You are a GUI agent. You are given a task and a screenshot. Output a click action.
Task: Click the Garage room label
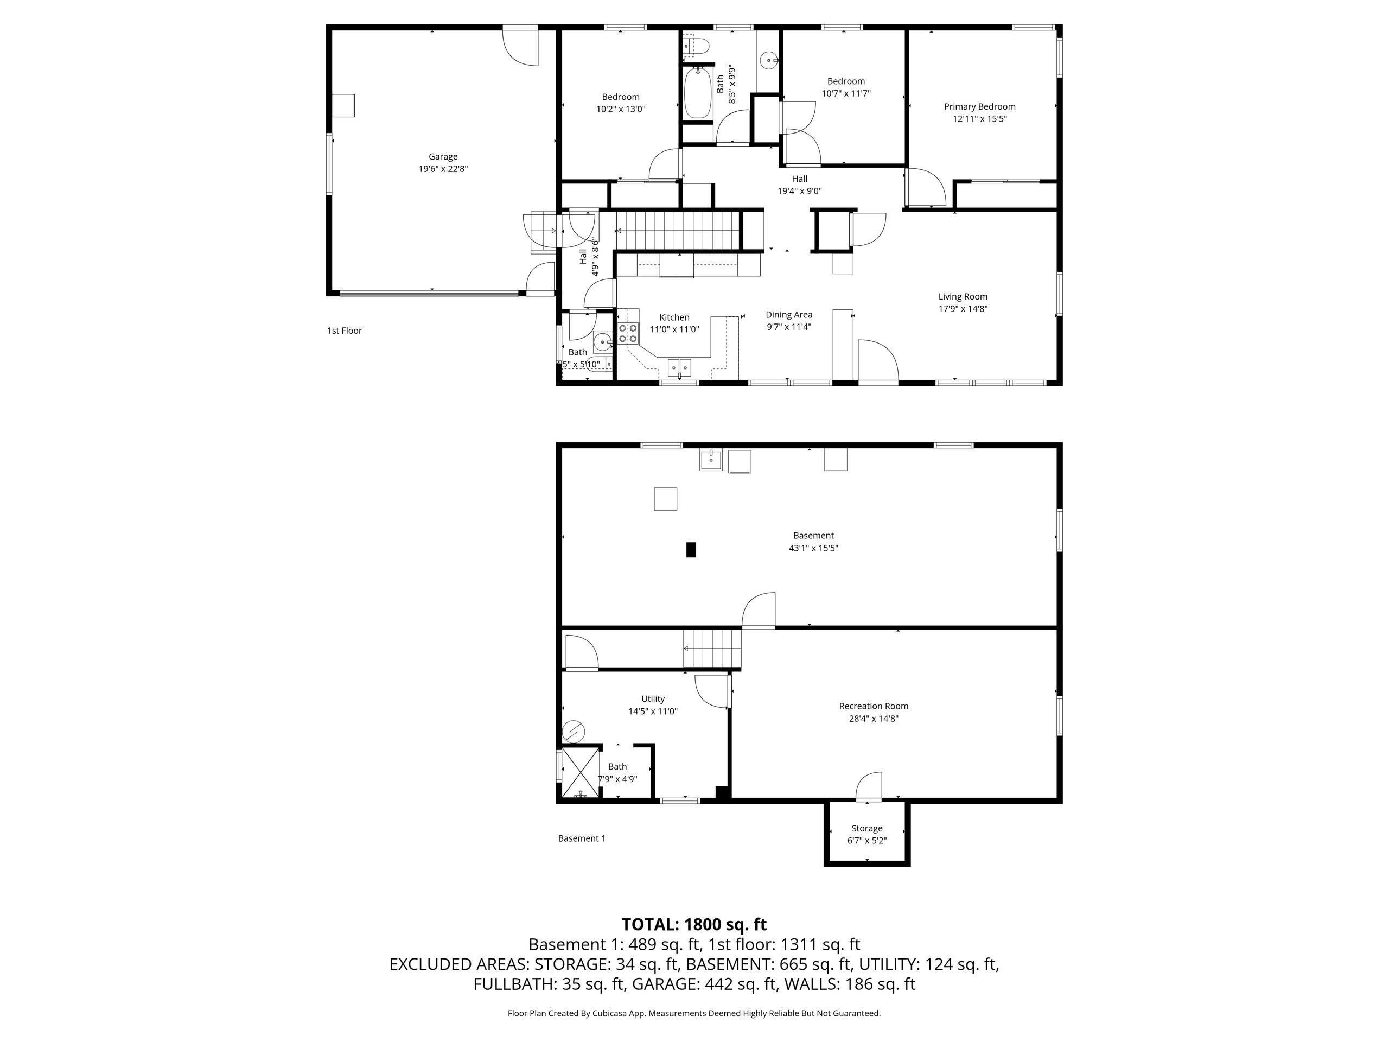pyautogui.click(x=443, y=157)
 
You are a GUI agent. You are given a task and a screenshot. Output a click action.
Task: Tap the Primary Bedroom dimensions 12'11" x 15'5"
pyautogui.click(x=979, y=119)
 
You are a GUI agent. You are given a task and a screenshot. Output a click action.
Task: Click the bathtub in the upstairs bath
pyautogui.click(x=696, y=94)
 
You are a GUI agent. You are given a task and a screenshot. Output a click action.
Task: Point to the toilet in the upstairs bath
pyautogui.click(x=696, y=45)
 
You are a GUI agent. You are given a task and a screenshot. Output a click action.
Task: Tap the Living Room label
pyautogui.click(x=963, y=296)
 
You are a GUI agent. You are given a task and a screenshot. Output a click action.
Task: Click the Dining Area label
pyautogui.click(x=789, y=315)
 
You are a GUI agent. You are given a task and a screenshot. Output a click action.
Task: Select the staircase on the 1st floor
pyautogui.click(x=678, y=231)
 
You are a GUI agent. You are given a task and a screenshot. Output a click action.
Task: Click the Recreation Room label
pyautogui.click(x=874, y=706)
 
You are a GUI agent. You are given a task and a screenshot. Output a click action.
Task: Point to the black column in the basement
pyautogui.click(x=691, y=550)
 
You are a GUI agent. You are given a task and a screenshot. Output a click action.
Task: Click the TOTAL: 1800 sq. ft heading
pyautogui.click(x=694, y=924)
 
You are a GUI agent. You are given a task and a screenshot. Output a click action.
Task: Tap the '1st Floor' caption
pyautogui.click(x=344, y=331)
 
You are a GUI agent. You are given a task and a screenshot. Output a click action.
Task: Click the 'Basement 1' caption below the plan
pyautogui.click(x=582, y=838)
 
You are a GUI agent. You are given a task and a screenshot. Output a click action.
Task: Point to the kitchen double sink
pyautogui.click(x=679, y=367)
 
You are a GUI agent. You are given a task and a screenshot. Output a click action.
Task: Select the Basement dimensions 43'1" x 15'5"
pyautogui.click(x=813, y=548)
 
